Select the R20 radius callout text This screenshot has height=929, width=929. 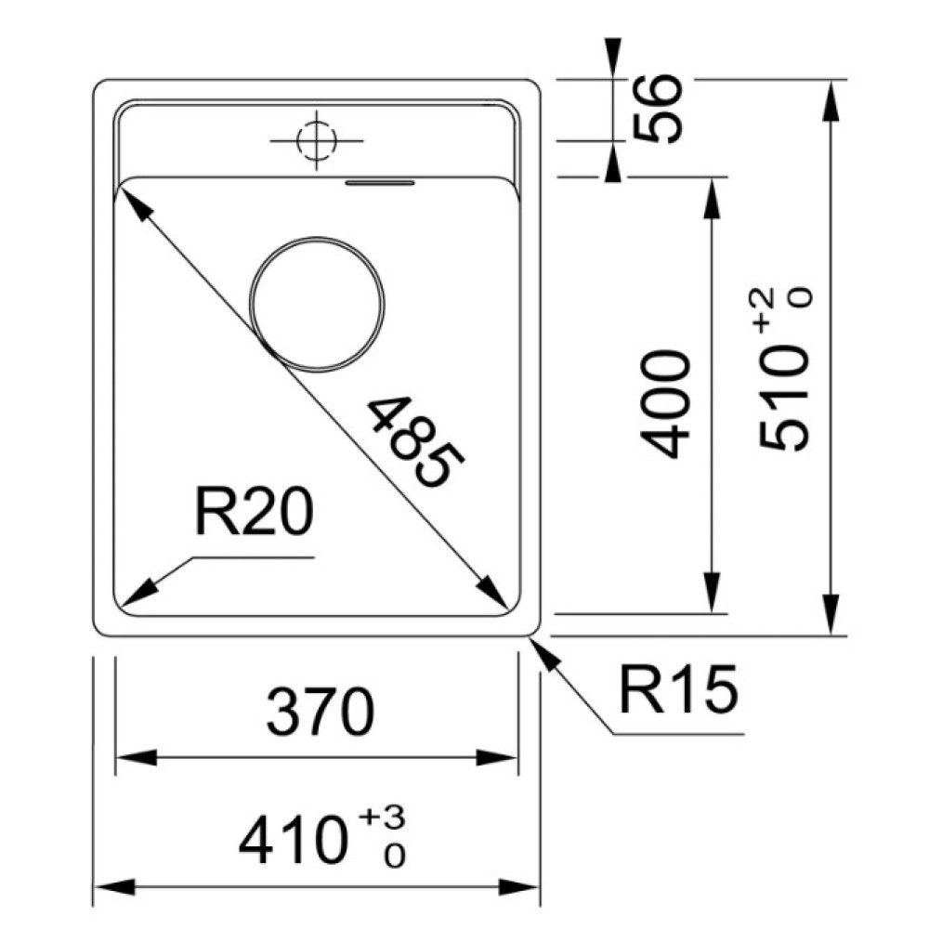click(x=254, y=512)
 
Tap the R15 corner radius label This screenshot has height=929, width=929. click(x=678, y=688)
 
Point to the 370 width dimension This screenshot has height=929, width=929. click(x=320, y=712)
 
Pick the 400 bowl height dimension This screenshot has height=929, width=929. click(x=666, y=404)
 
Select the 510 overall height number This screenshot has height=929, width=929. click(x=784, y=398)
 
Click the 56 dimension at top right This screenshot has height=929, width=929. click(x=658, y=108)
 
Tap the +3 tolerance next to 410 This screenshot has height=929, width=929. click(x=382, y=818)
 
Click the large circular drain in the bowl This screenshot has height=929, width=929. click(x=317, y=305)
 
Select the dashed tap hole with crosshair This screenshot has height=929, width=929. click(x=317, y=141)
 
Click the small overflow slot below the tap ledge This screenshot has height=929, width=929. click(x=380, y=182)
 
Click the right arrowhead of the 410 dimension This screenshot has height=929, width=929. click(x=518, y=887)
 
